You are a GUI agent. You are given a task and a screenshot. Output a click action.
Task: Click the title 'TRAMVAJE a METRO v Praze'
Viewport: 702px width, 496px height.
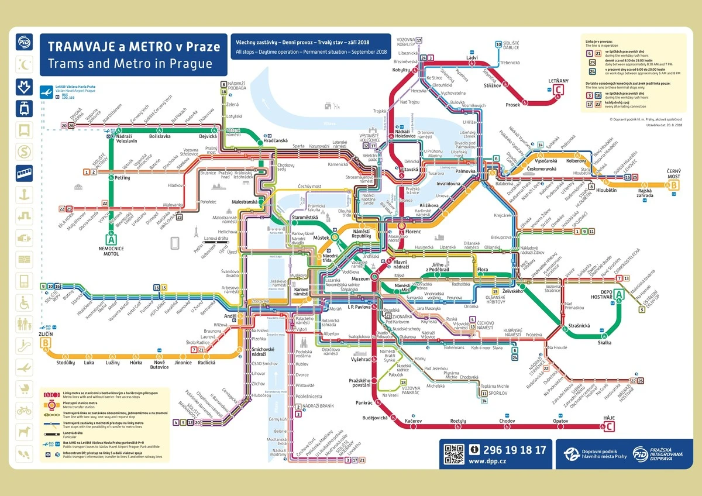[133, 46]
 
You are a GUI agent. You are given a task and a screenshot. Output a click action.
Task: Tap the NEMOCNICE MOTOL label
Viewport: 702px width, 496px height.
[111, 251]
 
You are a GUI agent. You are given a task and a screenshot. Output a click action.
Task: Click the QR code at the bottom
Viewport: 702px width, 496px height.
[454, 454]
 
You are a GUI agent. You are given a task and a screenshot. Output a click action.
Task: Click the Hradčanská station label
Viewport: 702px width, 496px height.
[274, 141]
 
